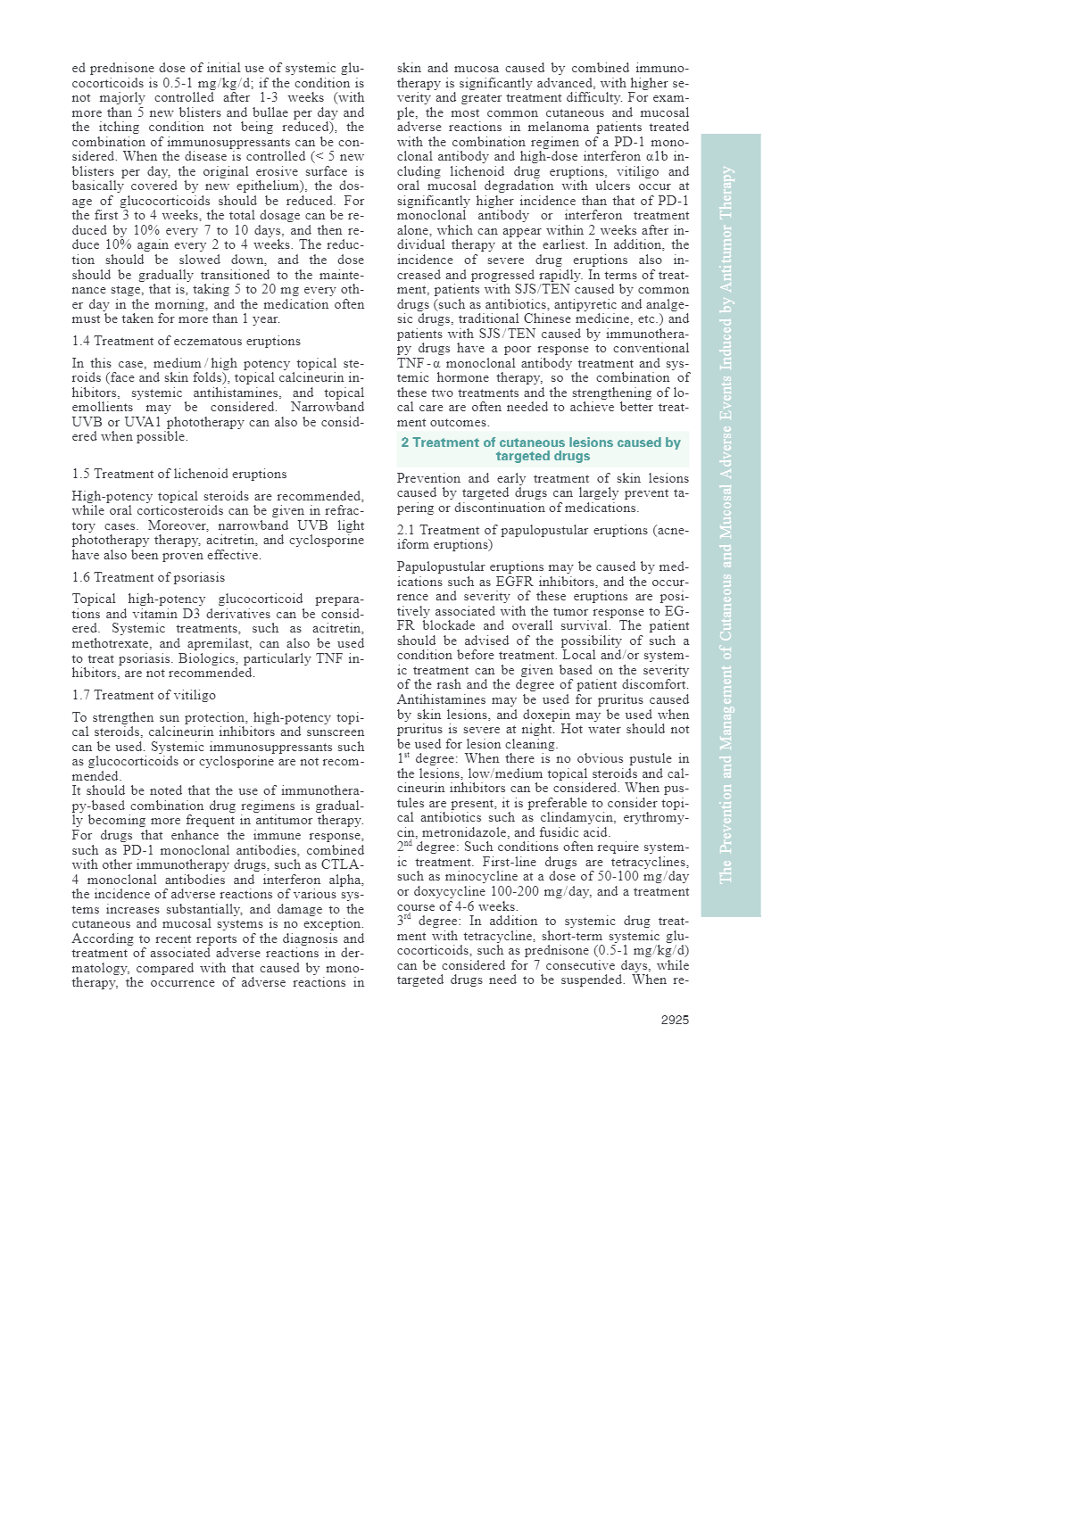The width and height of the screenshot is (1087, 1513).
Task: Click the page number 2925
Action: point(675,1020)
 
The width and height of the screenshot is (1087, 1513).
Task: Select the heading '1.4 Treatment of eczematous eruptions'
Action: point(186,341)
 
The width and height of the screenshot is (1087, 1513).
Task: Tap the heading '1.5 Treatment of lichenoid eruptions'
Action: point(179,474)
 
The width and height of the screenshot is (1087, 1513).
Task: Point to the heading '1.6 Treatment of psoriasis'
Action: point(148,577)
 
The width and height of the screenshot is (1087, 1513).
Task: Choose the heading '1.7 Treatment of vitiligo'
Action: point(144,695)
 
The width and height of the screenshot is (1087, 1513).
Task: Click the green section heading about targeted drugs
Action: point(542,449)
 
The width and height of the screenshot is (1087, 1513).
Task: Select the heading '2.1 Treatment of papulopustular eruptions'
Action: point(542,537)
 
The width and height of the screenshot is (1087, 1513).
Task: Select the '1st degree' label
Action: point(427,758)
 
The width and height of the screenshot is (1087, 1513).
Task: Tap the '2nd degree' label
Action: point(429,847)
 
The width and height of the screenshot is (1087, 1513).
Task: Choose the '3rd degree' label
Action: point(429,921)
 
